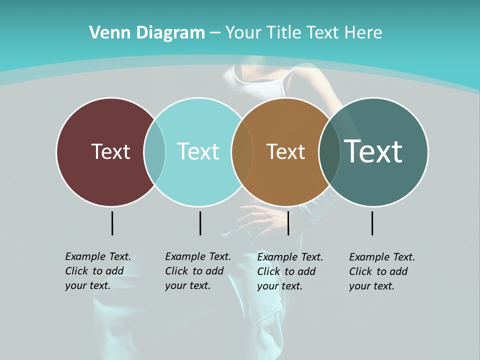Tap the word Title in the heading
click(282, 33)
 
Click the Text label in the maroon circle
click(110, 151)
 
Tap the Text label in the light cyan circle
click(198, 151)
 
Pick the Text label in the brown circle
click(285, 151)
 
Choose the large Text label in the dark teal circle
click(373, 151)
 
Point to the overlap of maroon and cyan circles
click(154, 151)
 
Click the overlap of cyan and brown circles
click(242, 151)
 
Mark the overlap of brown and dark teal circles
click(329, 151)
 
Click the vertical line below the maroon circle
click(112, 223)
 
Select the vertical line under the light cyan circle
click(200, 223)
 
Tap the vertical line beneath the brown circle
click(288, 223)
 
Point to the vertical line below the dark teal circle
click(372, 223)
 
